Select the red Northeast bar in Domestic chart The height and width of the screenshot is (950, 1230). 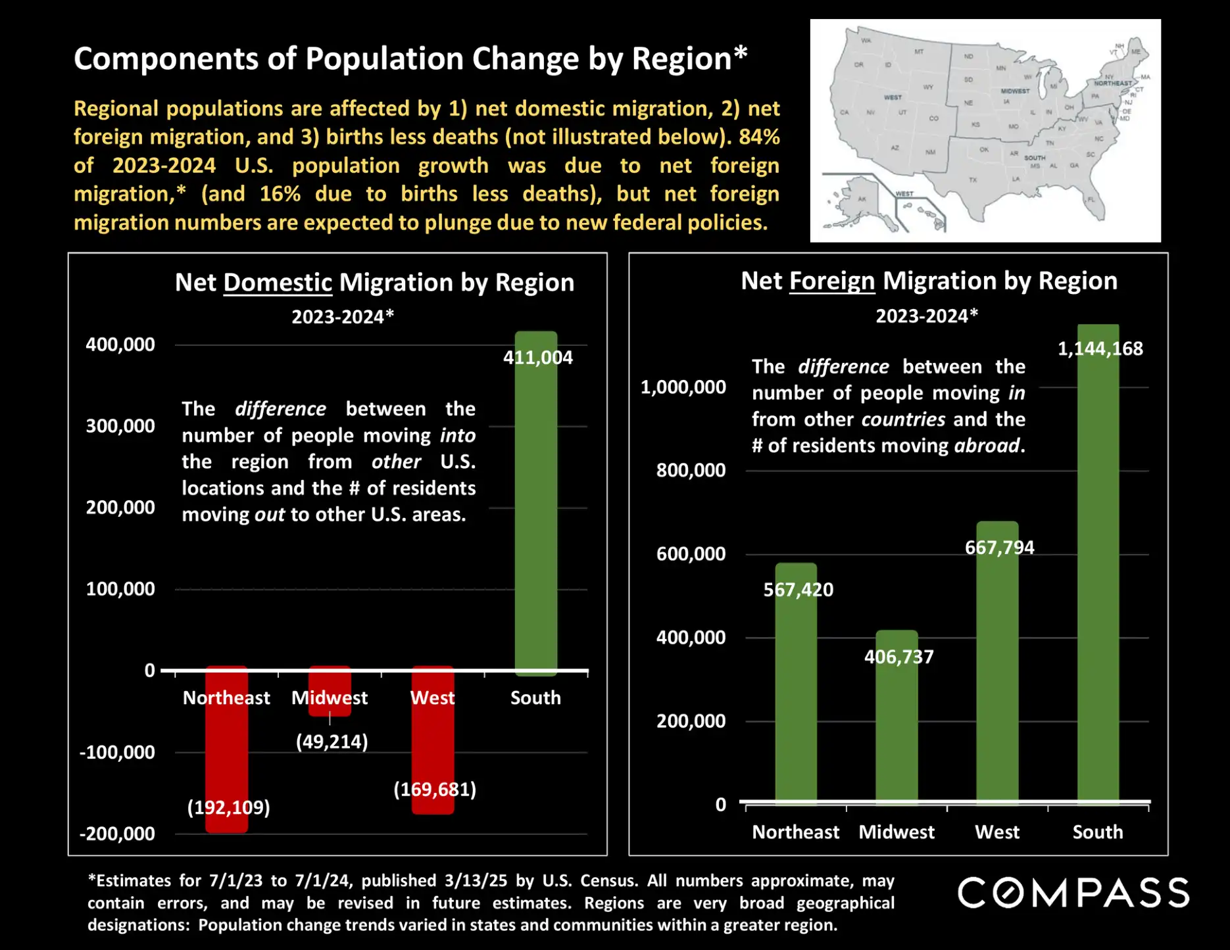click(x=226, y=749)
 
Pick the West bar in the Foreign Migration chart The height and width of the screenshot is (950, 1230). click(x=997, y=664)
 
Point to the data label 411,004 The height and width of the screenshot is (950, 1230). click(x=537, y=358)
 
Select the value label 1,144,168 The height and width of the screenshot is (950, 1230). click(x=1100, y=348)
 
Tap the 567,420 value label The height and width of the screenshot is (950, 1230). click(x=798, y=590)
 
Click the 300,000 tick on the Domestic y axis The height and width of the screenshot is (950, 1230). click(x=120, y=426)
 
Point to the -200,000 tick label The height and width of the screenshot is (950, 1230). click(x=117, y=834)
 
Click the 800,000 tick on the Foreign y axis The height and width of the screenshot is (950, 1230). click(x=691, y=470)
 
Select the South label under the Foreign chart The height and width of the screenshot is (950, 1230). click(x=1097, y=832)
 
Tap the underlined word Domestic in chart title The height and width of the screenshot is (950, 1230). click(x=278, y=283)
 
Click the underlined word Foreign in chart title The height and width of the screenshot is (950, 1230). click(x=831, y=281)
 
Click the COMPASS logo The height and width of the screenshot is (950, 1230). click(x=1073, y=893)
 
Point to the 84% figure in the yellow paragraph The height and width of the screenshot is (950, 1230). click(x=759, y=137)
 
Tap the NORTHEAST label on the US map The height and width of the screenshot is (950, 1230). click(x=1112, y=83)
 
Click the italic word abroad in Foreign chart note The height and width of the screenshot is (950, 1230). click(x=987, y=446)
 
